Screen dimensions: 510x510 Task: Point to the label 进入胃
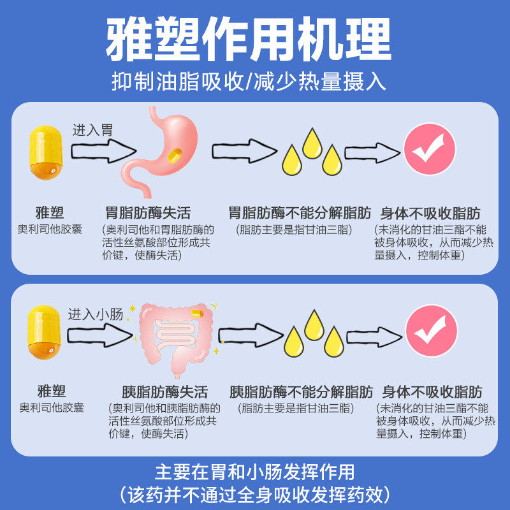coord(92,130)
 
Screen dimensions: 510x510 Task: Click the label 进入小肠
coord(94,314)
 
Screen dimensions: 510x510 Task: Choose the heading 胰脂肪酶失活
coord(164,391)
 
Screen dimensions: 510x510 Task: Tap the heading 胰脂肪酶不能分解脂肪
coord(302,391)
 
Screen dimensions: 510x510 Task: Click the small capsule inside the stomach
coord(173,154)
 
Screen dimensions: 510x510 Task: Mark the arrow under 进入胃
coord(102,152)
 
